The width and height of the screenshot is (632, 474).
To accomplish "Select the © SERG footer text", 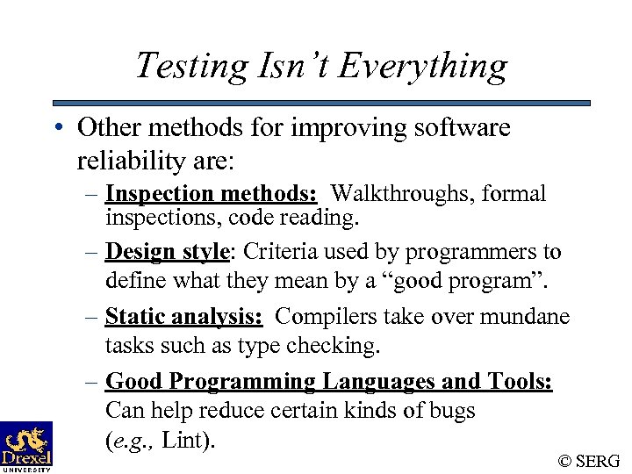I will point(588,461).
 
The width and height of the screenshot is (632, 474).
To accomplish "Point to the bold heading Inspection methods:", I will point(211,193).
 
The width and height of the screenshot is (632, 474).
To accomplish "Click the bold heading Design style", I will point(167,252).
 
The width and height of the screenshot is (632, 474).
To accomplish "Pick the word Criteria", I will point(275,252).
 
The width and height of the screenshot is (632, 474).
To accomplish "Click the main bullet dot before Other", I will point(56,128).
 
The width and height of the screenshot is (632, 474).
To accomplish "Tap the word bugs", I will point(454,411).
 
